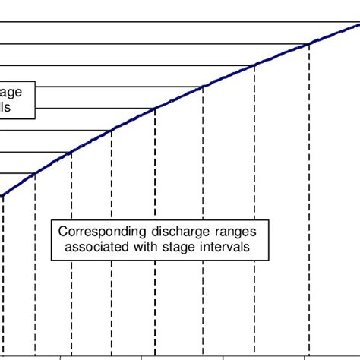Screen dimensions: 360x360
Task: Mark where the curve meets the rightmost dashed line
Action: (308, 44)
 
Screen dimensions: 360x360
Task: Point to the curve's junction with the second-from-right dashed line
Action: (254, 65)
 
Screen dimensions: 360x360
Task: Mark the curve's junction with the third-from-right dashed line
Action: (203, 87)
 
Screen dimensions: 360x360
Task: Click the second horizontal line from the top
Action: (152, 44)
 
